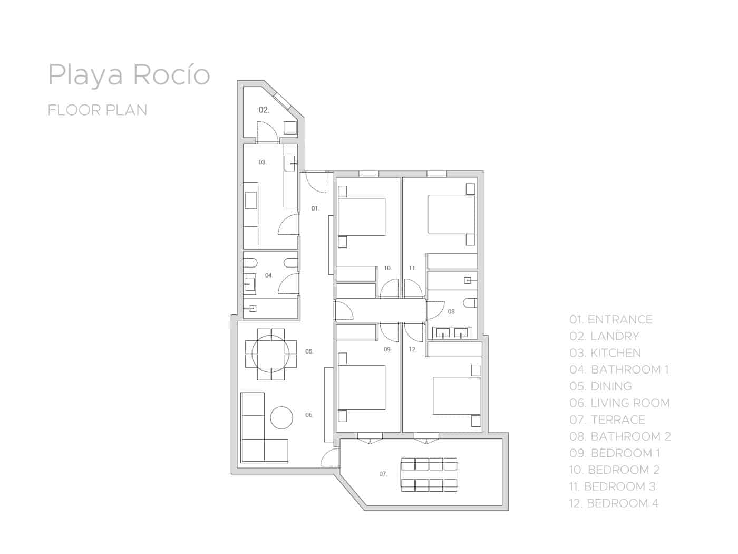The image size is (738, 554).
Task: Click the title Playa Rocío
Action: (x=129, y=75)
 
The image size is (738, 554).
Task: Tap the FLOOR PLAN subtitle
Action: (x=98, y=110)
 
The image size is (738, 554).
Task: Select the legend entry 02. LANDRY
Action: (x=604, y=336)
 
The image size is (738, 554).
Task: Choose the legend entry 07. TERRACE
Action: (x=607, y=420)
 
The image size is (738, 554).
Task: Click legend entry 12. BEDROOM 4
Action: (x=614, y=503)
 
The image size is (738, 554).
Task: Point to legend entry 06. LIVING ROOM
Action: (x=619, y=403)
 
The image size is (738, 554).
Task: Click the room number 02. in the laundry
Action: (x=264, y=110)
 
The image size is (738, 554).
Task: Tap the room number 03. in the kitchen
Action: (x=263, y=162)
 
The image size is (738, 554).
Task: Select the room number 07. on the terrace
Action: (x=383, y=474)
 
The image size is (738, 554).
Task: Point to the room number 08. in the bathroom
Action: (x=452, y=311)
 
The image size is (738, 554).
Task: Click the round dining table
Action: (x=270, y=354)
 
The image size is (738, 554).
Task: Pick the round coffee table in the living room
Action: (x=281, y=417)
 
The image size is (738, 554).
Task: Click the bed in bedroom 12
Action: (x=457, y=396)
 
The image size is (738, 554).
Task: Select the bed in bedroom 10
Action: (x=362, y=217)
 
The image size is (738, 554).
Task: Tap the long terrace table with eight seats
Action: (x=429, y=475)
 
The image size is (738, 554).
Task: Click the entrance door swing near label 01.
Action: (x=316, y=183)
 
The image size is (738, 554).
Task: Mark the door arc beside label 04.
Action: (x=288, y=283)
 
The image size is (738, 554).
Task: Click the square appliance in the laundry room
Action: (x=290, y=128)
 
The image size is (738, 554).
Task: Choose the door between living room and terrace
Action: (x=330, y=457)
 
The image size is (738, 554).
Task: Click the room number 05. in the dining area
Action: (x=309, y=351)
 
